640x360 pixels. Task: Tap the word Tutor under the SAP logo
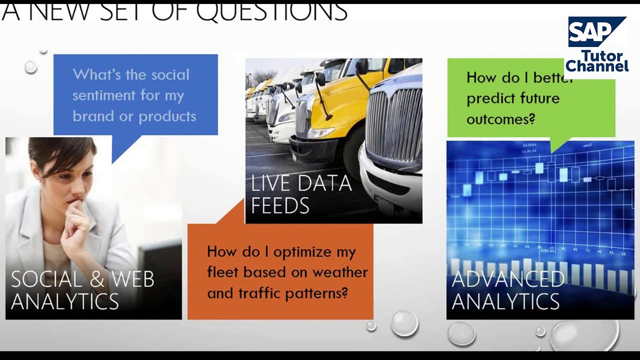(x=601, y=55)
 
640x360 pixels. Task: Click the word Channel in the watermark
(x=597, y=66)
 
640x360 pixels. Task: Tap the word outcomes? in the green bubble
(x=500, y=119)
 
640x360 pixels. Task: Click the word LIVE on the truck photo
(x=273, y=184)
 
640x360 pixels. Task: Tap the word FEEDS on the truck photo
(x=280, y=205)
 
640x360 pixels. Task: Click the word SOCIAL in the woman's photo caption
(x=46, y=279)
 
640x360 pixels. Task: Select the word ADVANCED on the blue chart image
(x=507, y=279)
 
